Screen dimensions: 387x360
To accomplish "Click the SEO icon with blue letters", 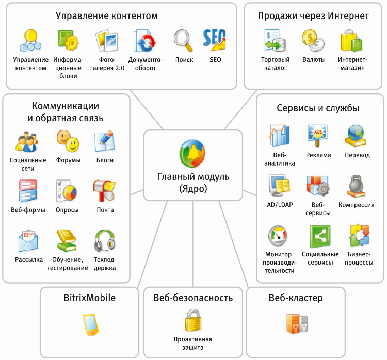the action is [x=214, y=40].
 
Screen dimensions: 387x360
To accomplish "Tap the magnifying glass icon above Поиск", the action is [x=183, y=41].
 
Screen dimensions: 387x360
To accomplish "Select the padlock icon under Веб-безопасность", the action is [x=193, y=320].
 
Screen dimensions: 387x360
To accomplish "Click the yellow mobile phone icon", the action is [x=90, y=324].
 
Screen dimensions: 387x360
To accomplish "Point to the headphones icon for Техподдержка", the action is [x=105, y=240].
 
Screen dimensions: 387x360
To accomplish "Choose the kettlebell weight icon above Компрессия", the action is [x=356, y=186].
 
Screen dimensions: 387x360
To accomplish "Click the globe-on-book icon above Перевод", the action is [x=356, y=136].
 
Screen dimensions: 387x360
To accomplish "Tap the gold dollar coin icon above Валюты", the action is [x=313, y=40].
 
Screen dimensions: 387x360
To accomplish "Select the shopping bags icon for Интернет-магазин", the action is [x=351, y=41].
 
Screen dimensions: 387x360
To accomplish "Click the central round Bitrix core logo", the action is [x=192, y=154].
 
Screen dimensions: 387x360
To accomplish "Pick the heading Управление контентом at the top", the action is [x=107, y=15].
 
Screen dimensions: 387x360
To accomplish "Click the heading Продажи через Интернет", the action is [x=313, y=16].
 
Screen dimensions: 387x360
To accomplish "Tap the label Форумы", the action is [x=68, y=160].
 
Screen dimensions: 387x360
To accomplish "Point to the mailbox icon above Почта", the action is [x=104, y=191].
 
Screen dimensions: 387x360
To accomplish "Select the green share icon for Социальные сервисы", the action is [x=320, y=236].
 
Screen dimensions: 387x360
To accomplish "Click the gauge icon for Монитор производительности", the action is [x=278, y=236].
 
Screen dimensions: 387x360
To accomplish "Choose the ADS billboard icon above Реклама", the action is [x=317, y=136].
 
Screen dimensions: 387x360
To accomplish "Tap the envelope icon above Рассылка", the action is [x=28, y=240].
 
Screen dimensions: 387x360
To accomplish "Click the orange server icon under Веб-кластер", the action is [x=297, y=324].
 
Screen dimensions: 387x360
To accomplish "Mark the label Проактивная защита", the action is [x=193, y=343].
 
